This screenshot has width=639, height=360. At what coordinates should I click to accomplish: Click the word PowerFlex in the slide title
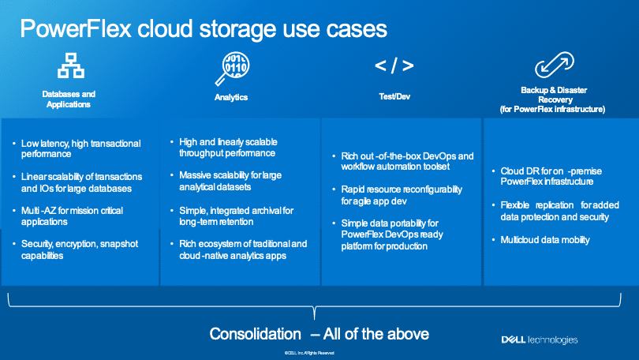pos(76,28)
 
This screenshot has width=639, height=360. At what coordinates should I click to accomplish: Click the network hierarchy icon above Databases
pos(71,66)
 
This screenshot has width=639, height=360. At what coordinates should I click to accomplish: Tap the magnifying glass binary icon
pos(232,69)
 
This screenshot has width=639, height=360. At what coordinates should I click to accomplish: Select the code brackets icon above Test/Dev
pos(394,66)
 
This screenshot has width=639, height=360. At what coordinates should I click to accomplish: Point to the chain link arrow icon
pos(555,65)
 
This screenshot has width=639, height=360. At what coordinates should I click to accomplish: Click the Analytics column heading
pos(231,97)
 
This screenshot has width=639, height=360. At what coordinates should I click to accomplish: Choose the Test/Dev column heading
pos(394,96)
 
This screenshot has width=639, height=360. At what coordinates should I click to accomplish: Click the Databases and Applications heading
pos(69,99)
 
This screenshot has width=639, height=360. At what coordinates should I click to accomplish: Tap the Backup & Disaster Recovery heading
pos(552,99)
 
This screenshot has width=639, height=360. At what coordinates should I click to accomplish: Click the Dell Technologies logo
pos(539,339)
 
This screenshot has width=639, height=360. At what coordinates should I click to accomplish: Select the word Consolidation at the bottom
pos(255,334)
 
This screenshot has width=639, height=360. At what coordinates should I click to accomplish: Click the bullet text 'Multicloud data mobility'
pos(545,240)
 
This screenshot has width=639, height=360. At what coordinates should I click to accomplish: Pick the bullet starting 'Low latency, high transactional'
pos(80,148)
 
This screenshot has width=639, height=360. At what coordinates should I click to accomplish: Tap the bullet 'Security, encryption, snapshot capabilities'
pos(80,249)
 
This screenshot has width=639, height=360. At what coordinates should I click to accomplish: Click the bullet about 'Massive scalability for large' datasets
pos(230,181)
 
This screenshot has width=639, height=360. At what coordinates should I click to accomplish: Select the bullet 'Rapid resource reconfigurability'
pos(402,195)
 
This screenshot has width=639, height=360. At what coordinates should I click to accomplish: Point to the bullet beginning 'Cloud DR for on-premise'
pos(551,176)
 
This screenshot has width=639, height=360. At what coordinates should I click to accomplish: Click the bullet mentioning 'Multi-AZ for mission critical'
pos(72,216)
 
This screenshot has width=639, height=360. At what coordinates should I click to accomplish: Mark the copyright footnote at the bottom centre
pos(309,353)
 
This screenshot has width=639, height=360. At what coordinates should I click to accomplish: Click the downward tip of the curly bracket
pos(314,319)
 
